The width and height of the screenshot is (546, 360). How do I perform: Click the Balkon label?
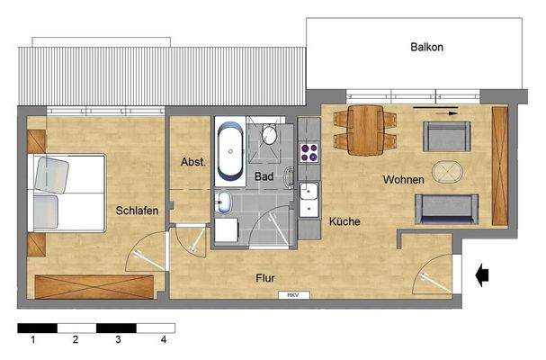(x=427, y=47)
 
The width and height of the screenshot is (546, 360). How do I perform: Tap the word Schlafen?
(x=137, y=211)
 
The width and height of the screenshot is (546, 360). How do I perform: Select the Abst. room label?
(x=192, y=163)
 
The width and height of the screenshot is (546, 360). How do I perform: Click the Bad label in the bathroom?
(x=263, y=176)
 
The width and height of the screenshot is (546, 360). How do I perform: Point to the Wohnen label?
(x=403, y=180)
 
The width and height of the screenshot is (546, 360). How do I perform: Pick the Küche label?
(x=345, y=220)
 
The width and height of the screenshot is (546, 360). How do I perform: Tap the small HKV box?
(x=292, y=295)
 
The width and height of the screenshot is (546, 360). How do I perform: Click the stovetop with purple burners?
(x=310, y=152)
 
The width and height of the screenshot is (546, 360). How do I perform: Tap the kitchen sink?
(x=309, y=192)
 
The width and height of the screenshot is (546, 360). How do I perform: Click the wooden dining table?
(x=365, y=130)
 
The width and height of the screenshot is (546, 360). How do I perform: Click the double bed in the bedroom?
(x=67, y=191)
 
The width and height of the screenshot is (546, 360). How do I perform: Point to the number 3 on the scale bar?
(x=118, y=340)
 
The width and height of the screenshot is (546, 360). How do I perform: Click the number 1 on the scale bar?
(x=32, y=340)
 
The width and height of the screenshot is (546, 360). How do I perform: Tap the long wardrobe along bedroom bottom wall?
(x=94, y=286)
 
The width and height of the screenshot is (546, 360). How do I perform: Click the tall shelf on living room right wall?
(x=500, y=166)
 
